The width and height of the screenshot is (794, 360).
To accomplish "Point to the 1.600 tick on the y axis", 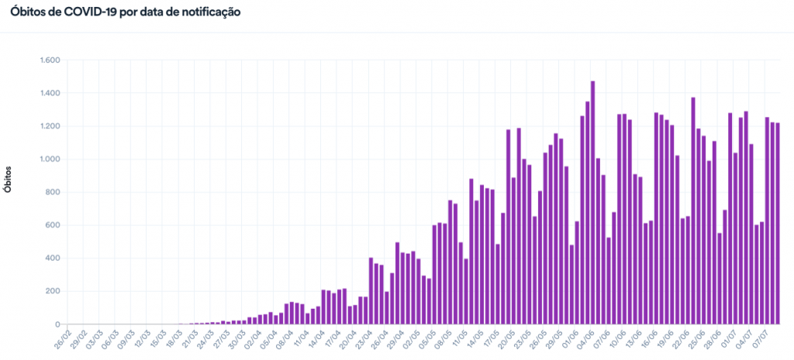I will pyautogui.click(x=50, y=61).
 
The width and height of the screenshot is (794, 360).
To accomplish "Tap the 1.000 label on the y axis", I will pyautogui.click(x=50, y=160).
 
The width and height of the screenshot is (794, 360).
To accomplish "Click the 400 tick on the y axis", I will pyautogui.click(x=54, y=258).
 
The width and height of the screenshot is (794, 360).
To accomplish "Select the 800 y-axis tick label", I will pyautogui.click(x=54, y=192).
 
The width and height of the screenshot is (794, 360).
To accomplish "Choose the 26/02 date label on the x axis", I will pyautogui.click(x=60, y=339).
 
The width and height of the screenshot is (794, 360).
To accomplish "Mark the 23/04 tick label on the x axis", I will pyautogui.click(x=362, y=339).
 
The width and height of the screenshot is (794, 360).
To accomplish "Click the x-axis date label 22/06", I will pyautogui.click(x=680, y=339).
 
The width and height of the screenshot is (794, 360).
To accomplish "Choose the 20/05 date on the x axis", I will pyautogui.click(x=505, y=339).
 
